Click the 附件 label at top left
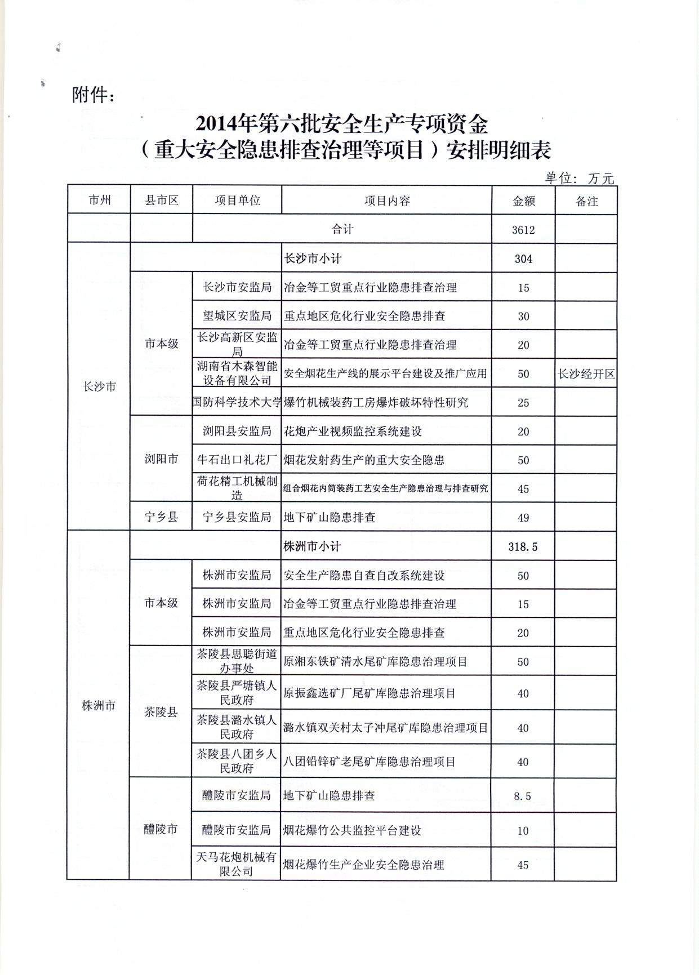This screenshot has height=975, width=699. [94, 95]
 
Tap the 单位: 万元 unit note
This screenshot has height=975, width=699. [579, 179]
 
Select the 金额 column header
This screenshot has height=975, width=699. [523, 201]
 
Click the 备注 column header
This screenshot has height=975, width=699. [586, 201]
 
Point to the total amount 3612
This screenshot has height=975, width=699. [523, 230]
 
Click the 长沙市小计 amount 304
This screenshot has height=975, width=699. [523, 259]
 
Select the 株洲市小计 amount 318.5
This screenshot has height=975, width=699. [523, 546]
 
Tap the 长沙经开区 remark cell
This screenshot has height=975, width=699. [586, 374]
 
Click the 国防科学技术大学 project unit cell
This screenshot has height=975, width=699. [237, 402]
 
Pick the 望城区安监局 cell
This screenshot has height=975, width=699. [237, 316]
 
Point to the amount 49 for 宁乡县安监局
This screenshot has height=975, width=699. [523, 517]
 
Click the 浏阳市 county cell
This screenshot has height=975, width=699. [161, 459]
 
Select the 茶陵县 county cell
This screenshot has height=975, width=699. [161, 712]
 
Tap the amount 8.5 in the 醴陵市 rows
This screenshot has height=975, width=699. [523, 796]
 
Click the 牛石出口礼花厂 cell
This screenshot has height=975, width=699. [237, 460]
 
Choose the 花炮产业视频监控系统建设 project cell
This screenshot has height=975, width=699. [353, 431]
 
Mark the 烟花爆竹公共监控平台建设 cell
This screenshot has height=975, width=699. [352, 830]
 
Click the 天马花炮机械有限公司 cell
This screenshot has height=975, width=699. [237, 864]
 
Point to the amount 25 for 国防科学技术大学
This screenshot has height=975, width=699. [523, 403]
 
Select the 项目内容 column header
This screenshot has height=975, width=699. [386, 201]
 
